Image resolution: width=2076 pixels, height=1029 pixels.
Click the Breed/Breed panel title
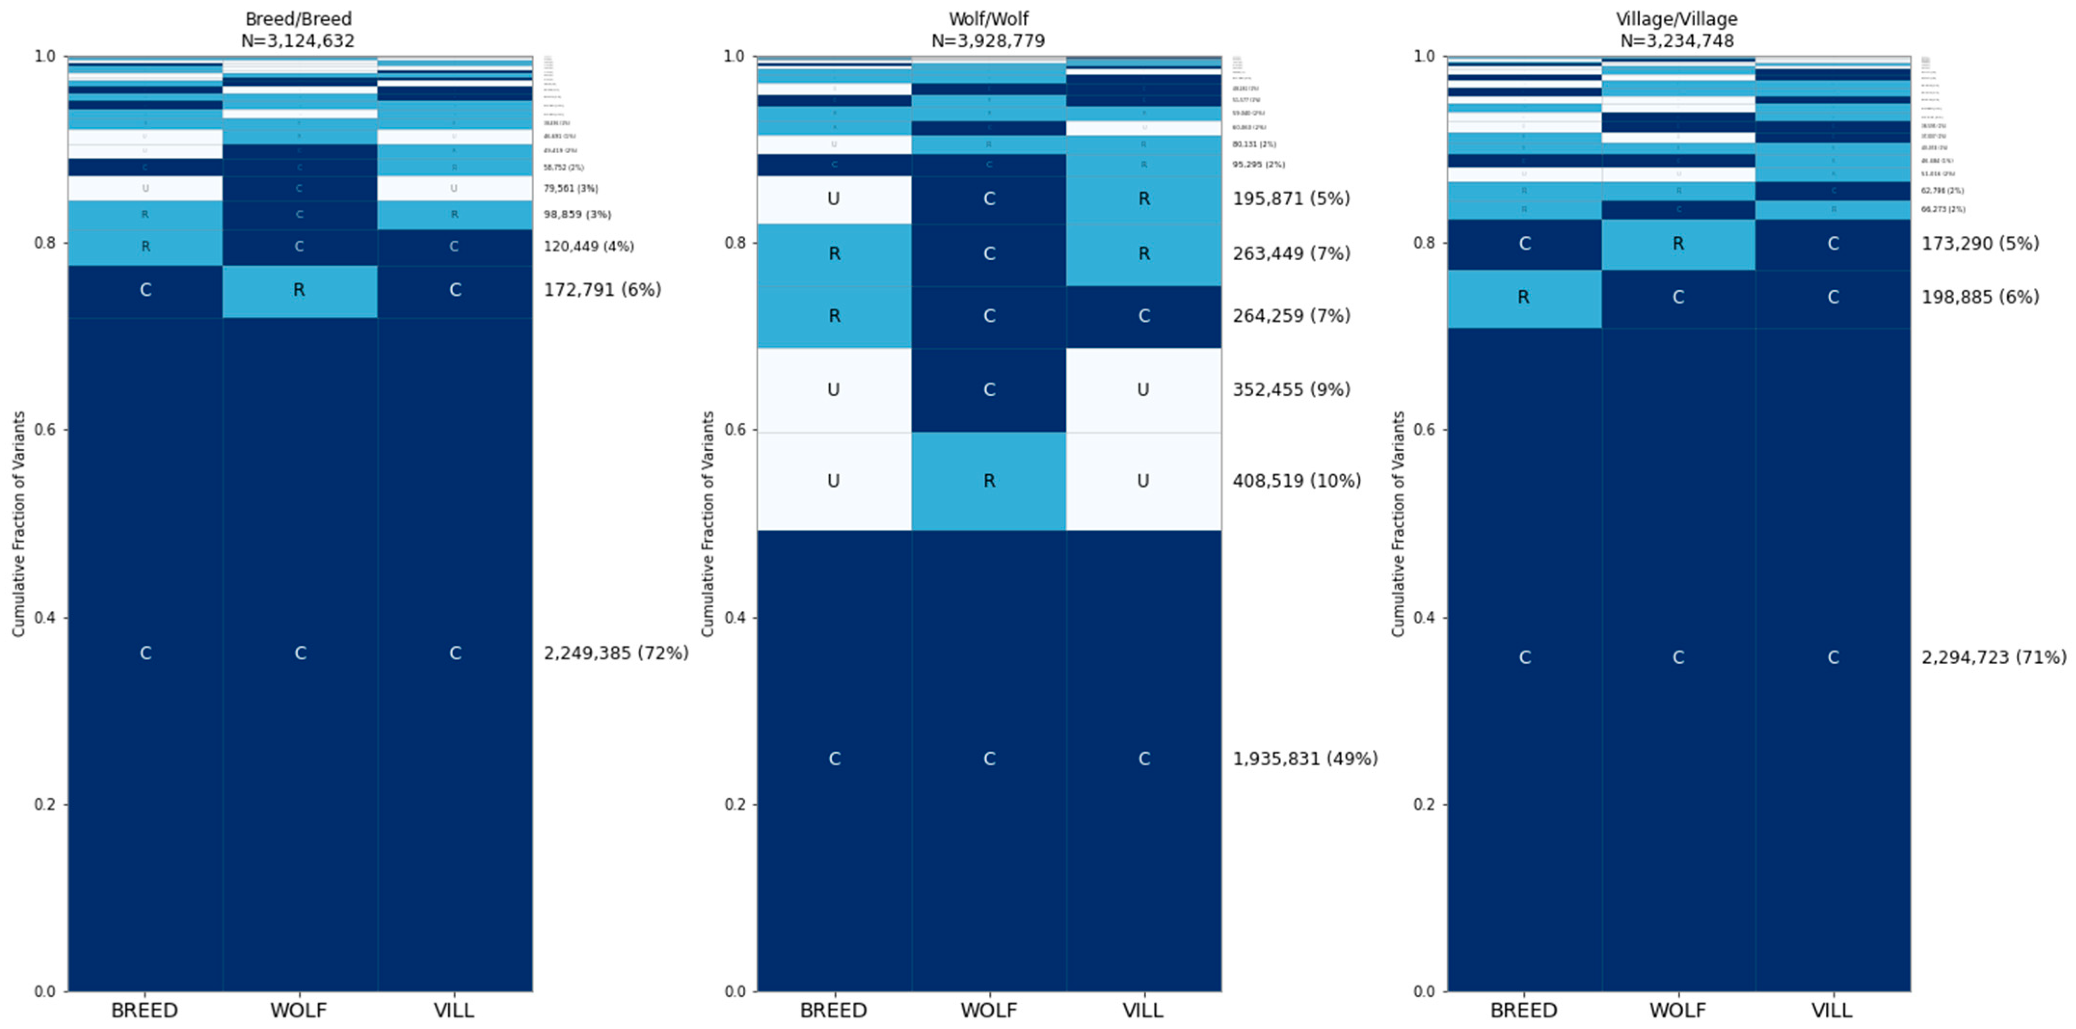[x=298, y=18]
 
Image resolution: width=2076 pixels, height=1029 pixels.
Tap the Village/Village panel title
[x=1676, y=18]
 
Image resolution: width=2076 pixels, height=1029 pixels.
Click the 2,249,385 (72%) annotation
[x=616, y=653]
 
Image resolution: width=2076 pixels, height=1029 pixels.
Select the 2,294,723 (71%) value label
[x=1994, y=657]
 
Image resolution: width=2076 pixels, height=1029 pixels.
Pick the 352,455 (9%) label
[x=1291, y=389]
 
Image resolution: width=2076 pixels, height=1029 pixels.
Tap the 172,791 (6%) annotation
[x=602, y=289]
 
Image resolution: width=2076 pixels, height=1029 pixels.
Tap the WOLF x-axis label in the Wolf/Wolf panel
[x=989, y=1010]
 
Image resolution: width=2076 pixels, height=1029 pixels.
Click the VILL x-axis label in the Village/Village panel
[x=1832, y=1010]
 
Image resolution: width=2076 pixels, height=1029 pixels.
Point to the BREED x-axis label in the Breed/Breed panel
[x=144, y=1010]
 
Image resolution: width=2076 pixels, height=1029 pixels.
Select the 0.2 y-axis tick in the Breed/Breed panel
[x=45, y=804]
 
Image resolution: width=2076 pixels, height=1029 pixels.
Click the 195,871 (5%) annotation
[x=1291, y=198]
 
